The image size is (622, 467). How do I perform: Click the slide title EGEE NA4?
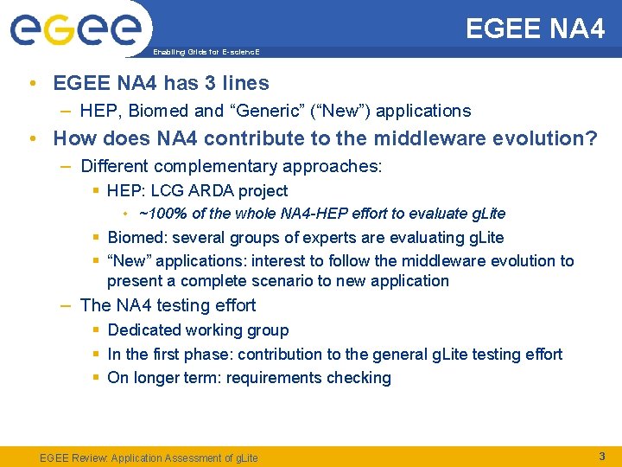[535, 29]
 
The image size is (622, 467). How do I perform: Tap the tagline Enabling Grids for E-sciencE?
[206, 52]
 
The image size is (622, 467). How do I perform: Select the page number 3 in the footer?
[602, 455]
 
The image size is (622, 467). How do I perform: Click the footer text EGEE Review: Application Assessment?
[149, 457]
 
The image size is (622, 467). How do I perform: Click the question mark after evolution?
[591, 138]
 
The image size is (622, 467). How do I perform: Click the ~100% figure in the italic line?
[158, 214]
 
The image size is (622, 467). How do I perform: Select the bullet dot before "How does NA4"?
[31, 138]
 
